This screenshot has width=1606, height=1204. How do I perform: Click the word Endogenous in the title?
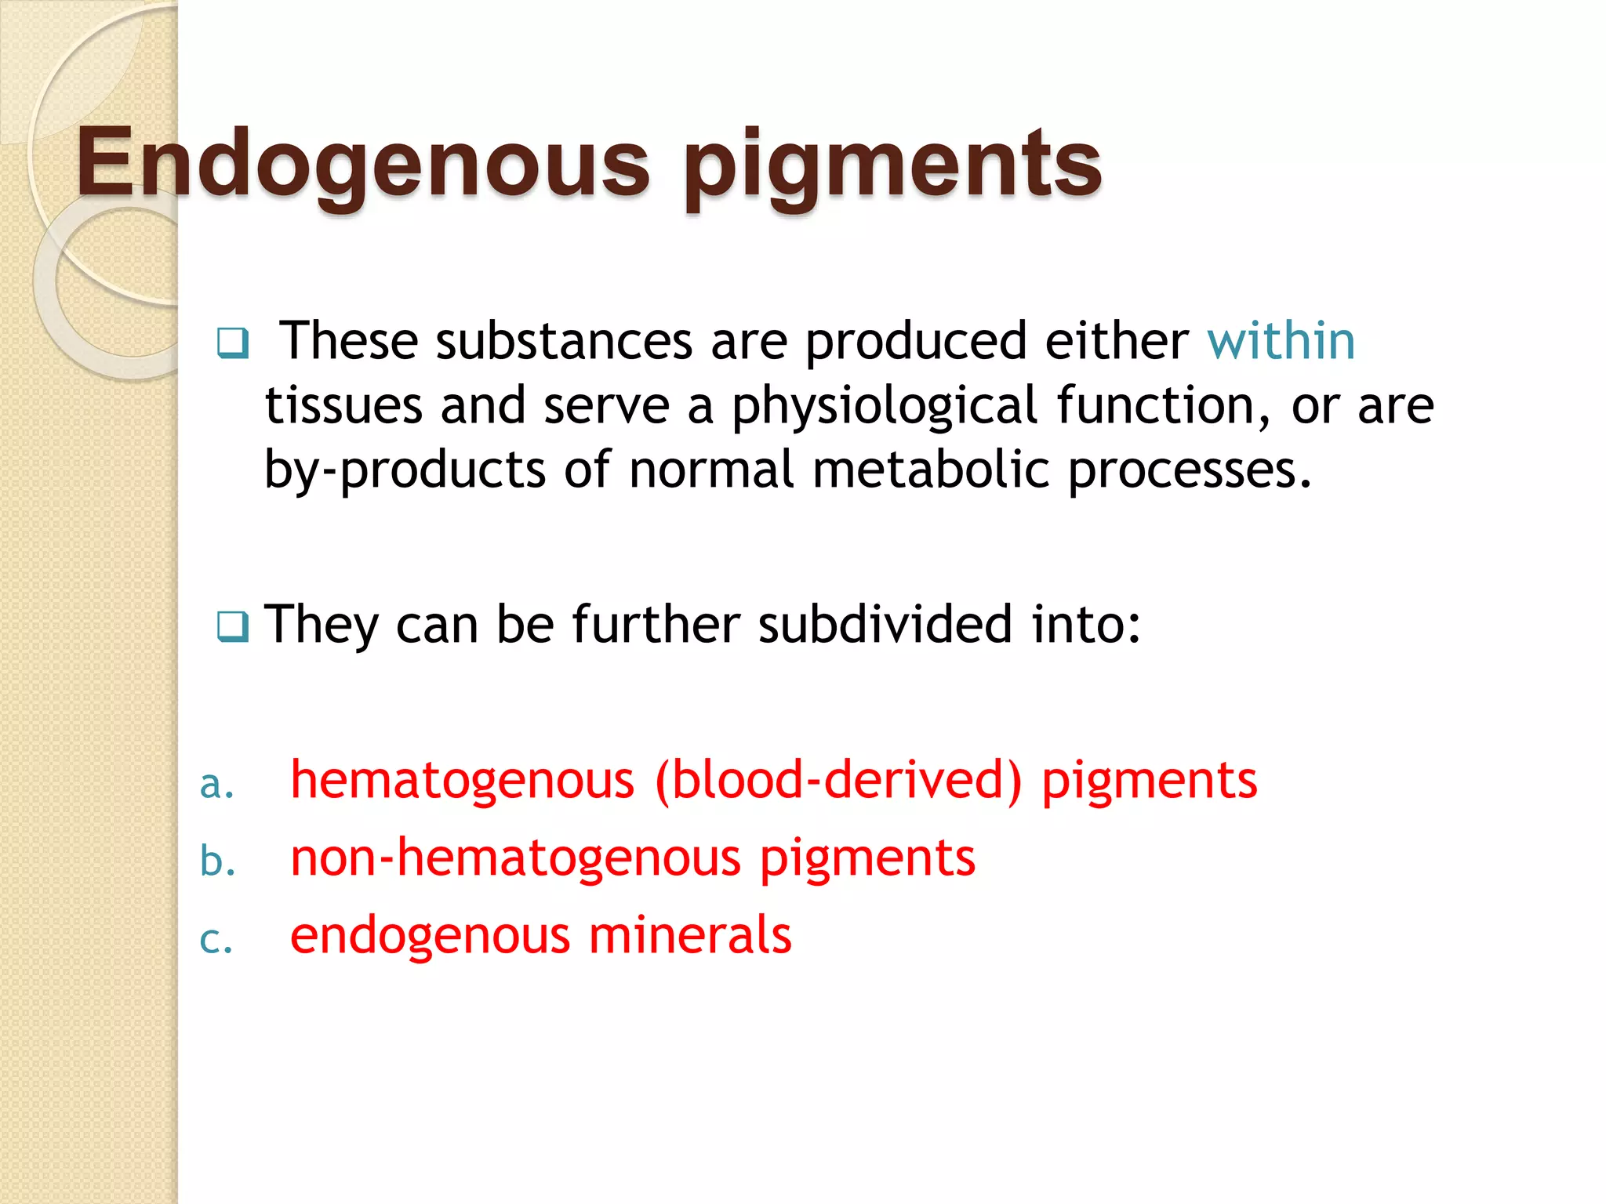pos(362,165)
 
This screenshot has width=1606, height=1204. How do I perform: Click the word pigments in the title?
pos(892,166)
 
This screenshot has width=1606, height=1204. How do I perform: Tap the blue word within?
pos(1281,341)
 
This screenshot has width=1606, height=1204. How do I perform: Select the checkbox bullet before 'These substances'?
pos(233,343)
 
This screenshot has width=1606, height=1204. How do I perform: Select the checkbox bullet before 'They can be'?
pos(233,626)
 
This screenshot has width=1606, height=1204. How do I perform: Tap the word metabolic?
pos(930,470)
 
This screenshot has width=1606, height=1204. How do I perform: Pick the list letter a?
pos(216,784)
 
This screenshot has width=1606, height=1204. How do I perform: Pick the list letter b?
pos(217,861)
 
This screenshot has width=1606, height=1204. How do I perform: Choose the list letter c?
pos(216,939)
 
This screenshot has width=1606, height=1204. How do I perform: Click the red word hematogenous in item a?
pos(462,782)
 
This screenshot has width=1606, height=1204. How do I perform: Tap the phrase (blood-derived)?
pos(838,780)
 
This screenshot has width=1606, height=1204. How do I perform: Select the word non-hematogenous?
pos(515,858)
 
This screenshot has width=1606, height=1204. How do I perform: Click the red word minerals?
pos(690,934)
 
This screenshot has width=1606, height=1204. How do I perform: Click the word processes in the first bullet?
pos(1190,470)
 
